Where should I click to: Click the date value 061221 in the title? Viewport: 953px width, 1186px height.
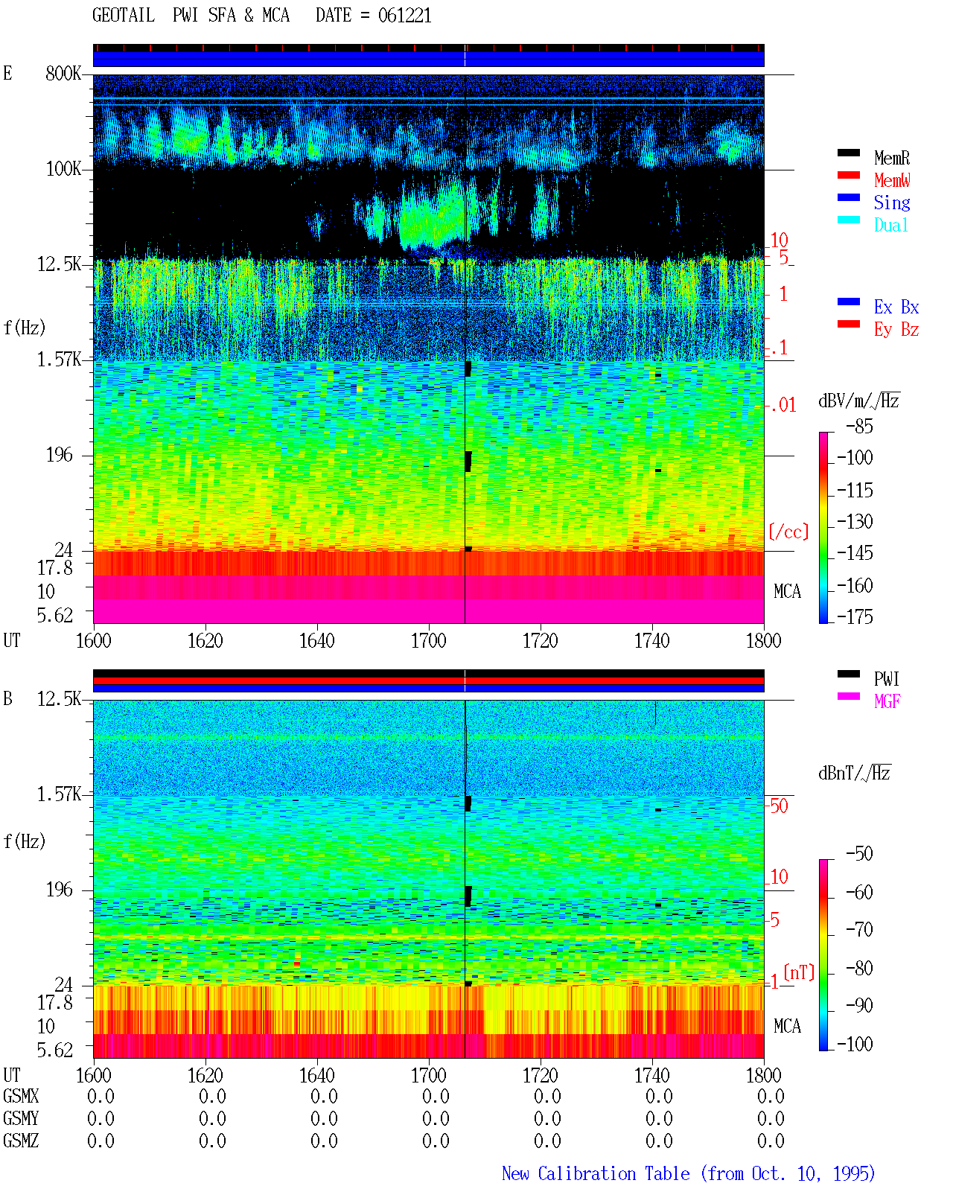tap(404, 16)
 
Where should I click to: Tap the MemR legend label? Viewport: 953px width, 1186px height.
tap(891, 158)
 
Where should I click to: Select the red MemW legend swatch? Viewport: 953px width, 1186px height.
tap(848, 175)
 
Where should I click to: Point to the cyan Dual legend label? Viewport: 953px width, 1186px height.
tap(890, 225)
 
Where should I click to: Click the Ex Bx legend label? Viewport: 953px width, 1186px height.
tap(896, 307)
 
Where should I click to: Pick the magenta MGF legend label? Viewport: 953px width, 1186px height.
tap(887, 701)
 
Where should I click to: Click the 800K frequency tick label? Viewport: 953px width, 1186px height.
tap(63, 73)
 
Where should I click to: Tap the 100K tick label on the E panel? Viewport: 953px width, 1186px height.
tap(63, 169)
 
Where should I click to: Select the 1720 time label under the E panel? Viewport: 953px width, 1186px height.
tap(541, 641)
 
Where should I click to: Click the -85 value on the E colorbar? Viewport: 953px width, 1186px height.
tap(859, 427)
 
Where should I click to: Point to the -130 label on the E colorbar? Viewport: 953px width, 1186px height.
tap(855, 521)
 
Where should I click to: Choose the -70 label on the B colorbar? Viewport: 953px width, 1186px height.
tap(859, 930)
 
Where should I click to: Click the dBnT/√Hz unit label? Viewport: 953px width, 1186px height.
tap(854, 773)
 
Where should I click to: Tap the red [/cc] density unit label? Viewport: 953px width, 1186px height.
tap(788, 532)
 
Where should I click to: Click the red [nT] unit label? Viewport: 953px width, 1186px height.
tap(799, 972)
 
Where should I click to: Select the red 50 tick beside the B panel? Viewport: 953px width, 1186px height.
tap(779, 806)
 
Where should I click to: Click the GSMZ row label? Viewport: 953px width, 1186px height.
tap(21, 1141)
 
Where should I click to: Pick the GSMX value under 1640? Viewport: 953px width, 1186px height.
tap(324, 1096)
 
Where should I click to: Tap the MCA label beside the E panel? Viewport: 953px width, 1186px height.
tap(787, 591)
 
